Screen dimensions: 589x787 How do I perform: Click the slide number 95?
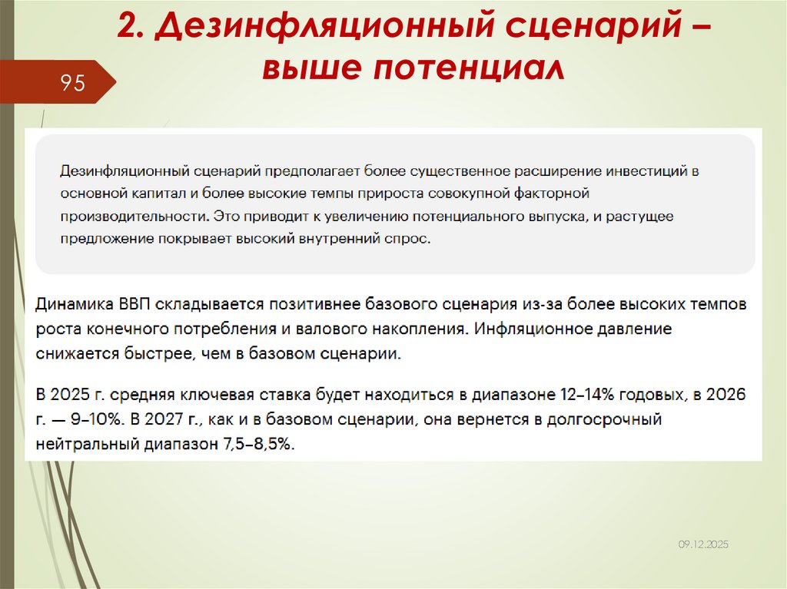point(73,83)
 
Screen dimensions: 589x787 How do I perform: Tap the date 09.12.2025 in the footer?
point(702,544)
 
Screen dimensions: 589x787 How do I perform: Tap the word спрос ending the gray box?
point(412,240)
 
